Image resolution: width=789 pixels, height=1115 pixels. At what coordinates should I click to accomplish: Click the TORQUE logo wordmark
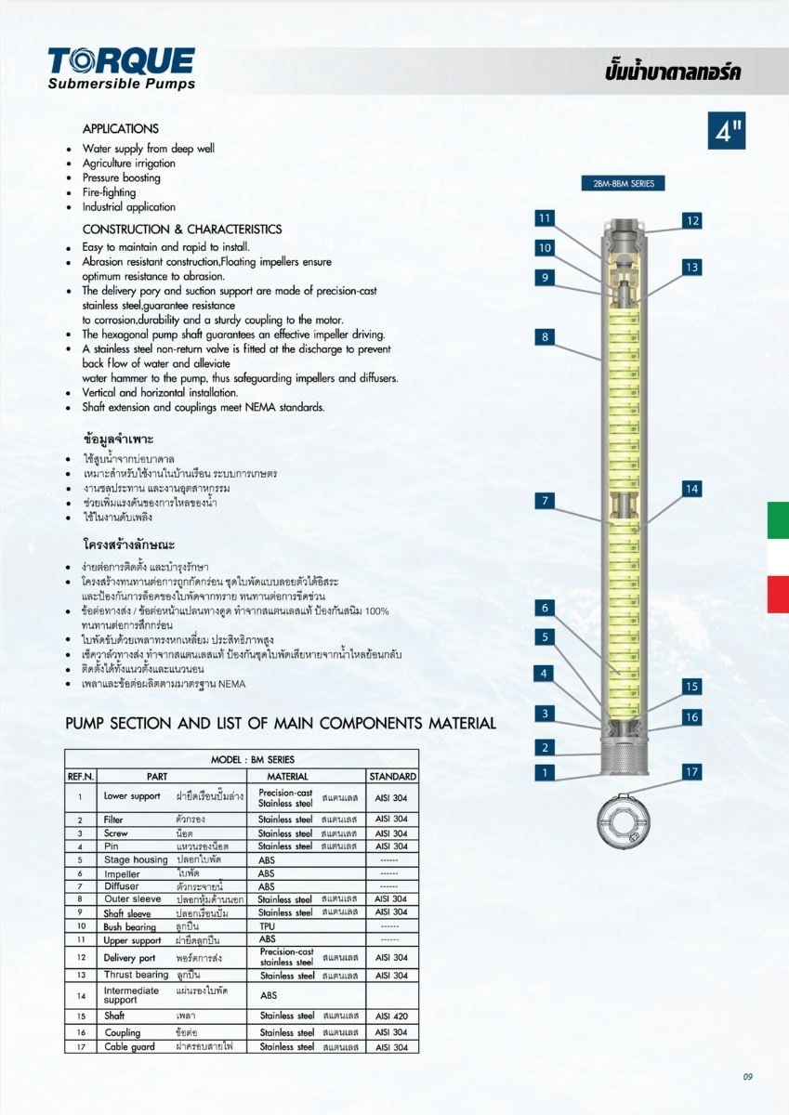[122, 61]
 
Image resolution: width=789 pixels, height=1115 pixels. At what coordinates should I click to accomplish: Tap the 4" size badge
[726, 131]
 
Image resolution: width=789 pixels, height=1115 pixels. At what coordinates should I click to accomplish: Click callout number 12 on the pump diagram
[691, 220]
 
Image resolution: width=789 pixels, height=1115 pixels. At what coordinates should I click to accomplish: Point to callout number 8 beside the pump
[546, 337]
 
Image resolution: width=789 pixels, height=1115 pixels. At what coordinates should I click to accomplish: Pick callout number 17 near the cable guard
[691, 771]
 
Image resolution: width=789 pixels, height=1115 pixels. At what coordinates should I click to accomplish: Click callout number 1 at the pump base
[546, 772]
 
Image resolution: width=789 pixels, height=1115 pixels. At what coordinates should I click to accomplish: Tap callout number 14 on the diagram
[691, 489]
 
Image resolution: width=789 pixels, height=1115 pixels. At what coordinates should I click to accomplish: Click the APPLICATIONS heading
[121, 129]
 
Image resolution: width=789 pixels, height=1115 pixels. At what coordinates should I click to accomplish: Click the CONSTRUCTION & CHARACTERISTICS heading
[182, 230]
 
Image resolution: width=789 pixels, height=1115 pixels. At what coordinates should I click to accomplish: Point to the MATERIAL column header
[287, 776]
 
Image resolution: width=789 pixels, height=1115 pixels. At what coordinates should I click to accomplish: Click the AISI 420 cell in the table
[391, 1017]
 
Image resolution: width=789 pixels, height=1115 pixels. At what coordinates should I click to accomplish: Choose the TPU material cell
[268, 926]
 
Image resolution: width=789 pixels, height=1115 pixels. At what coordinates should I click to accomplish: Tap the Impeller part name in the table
[122, 873]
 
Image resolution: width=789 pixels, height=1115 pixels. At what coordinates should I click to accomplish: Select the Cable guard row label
[128, 1046]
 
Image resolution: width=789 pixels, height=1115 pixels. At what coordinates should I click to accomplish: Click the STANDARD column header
[392, 776]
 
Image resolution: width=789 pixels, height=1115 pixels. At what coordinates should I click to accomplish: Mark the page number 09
[747, 1077]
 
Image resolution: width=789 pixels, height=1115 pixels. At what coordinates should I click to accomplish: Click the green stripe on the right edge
[778, 519]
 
